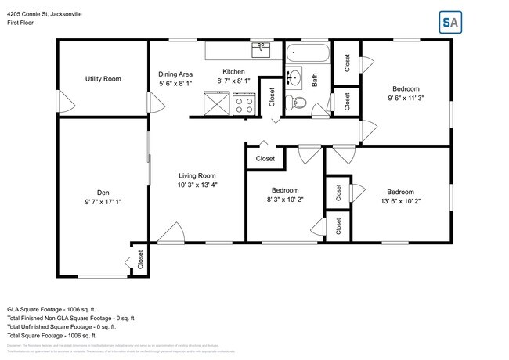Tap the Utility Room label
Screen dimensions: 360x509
pos(103,78)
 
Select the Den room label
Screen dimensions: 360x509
pos(103,193)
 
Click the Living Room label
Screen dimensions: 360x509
pos(197,175)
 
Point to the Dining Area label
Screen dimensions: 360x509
pos(175,74)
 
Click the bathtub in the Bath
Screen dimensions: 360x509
pos(308,55)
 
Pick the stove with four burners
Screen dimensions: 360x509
pos(244,103)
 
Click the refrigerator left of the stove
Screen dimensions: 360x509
pos(215,103)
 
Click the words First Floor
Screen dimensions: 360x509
pos(21,23)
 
